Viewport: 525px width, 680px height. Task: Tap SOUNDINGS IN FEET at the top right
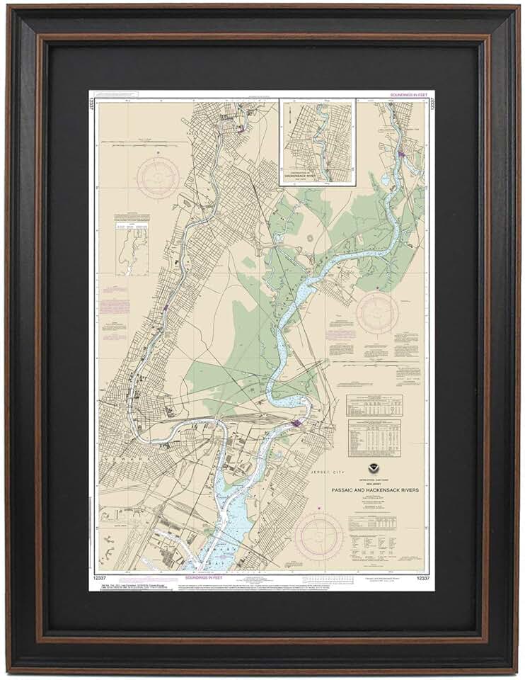(x=408, y=94)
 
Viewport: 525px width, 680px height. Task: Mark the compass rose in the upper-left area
(x=158, y=177)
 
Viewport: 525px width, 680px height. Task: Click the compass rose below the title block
(x=319, y=536)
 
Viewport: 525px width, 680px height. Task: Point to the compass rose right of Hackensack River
(x=377, y=312)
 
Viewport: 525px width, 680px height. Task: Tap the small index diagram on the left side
(x=132, y=247)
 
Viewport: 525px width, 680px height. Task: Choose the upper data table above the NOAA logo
(x=374, y=404)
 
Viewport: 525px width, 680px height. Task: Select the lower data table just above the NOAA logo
(x=374, y=437)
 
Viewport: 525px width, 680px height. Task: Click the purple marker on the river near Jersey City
(x=296, y=424)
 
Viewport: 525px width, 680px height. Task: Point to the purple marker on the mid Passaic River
(x=166, y=308)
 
